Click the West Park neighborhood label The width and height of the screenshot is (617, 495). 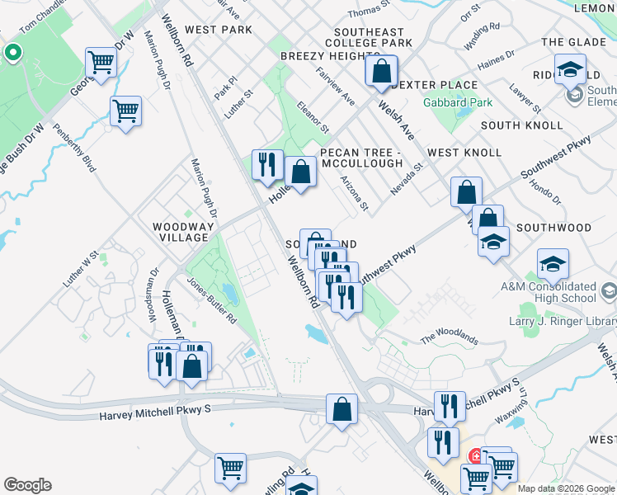tap(219, 30)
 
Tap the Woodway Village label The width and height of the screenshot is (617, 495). tap(183, 232)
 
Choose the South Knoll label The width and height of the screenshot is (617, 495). tap(521, 125)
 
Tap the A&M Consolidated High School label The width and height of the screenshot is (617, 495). tap(548, 292)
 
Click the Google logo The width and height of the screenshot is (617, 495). tap(27, 485)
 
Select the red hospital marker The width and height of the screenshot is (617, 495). tap(476, 456)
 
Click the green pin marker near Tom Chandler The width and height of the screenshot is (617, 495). tap(12, 54)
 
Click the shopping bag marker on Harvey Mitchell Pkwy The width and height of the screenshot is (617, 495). tap(341, 409)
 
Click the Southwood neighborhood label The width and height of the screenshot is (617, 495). tap(553, 227)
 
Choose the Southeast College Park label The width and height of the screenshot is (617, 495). tap(369, 38)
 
